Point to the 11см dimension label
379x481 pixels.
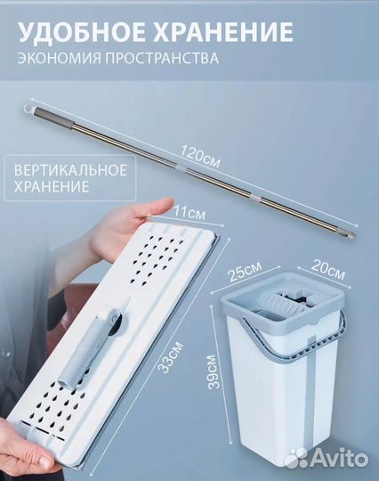(x=187, y=215)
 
